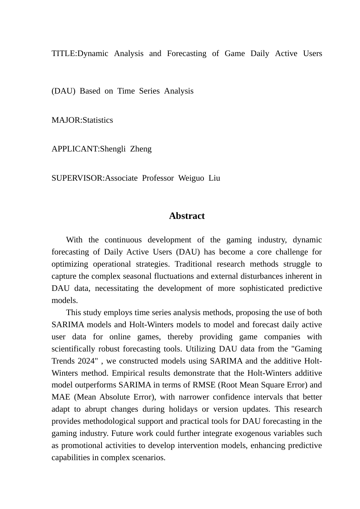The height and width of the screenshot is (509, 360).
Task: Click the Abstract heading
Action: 186,216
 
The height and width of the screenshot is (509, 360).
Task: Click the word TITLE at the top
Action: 64,53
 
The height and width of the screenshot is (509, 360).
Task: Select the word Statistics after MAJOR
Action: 98,120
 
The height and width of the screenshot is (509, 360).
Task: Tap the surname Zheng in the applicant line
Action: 141,149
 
